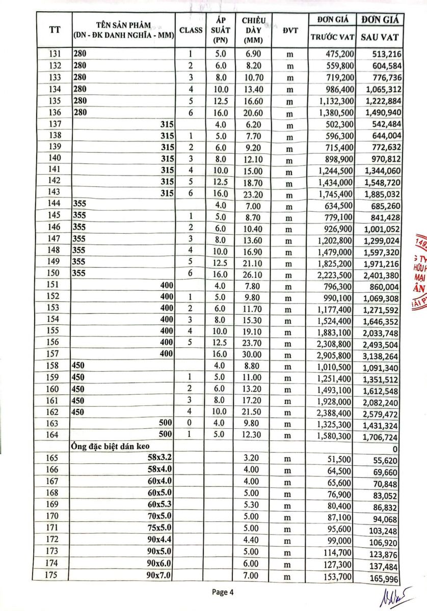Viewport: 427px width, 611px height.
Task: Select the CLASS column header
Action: coord(191,30)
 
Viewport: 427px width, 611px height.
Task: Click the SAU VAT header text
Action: coord(380,37)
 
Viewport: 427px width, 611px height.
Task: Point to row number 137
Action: coord(55,124)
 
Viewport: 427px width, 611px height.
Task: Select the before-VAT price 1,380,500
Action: coord(333,113)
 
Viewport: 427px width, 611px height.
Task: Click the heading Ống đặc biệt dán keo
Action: coord(106,447)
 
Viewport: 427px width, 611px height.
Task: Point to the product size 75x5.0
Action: coord(160,528)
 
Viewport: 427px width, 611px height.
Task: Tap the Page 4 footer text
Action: coord(223,592)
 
